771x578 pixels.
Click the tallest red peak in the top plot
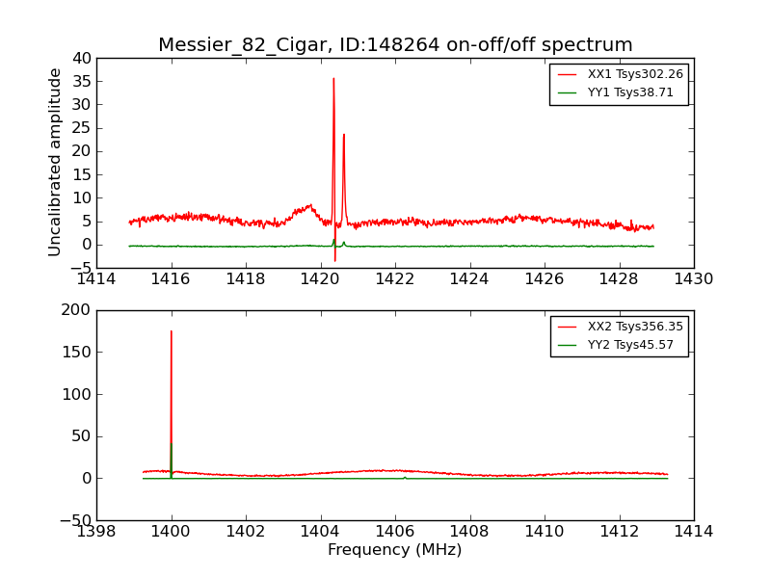click(333, 79)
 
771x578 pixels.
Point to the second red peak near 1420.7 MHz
click(343, 135)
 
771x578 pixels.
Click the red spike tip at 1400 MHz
click(172, 331)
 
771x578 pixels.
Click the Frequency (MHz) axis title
click(394, 550)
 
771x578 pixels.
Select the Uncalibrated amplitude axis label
click(56, 162)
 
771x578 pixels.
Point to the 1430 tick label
click(693, 279)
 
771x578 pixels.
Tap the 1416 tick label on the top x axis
click(172, 279)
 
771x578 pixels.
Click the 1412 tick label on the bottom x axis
click(619, 532)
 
